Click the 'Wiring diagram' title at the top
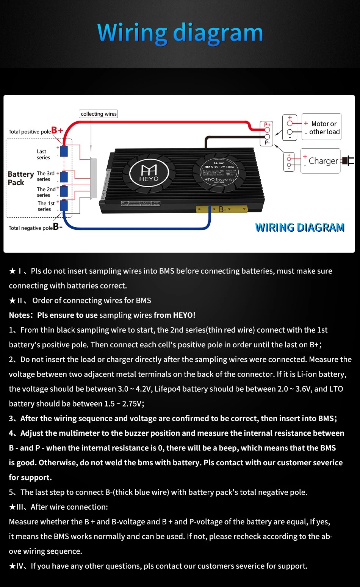180,33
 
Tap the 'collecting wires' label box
99,114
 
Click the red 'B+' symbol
57,130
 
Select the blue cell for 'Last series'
64,151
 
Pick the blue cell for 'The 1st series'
64,206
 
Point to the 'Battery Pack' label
20,178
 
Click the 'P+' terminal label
267,124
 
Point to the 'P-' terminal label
267,143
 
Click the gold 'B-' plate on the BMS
222,209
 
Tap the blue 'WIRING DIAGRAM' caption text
300,228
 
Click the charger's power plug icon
348,161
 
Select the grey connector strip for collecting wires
93,178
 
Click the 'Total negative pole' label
31,228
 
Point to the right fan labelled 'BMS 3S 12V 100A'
219,173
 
